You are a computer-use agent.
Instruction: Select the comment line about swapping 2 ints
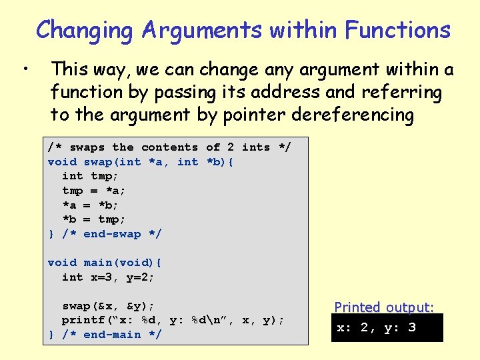click(169, 147)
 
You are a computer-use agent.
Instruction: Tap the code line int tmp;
click(90, 176)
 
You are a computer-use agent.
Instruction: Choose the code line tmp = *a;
click(93, 191)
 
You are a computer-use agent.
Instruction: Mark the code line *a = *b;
click(90, 205)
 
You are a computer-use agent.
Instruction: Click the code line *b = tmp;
click(93, 219)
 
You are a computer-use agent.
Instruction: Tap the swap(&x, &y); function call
click(108, 306)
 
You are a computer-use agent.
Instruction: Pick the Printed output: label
click(384, 307)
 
